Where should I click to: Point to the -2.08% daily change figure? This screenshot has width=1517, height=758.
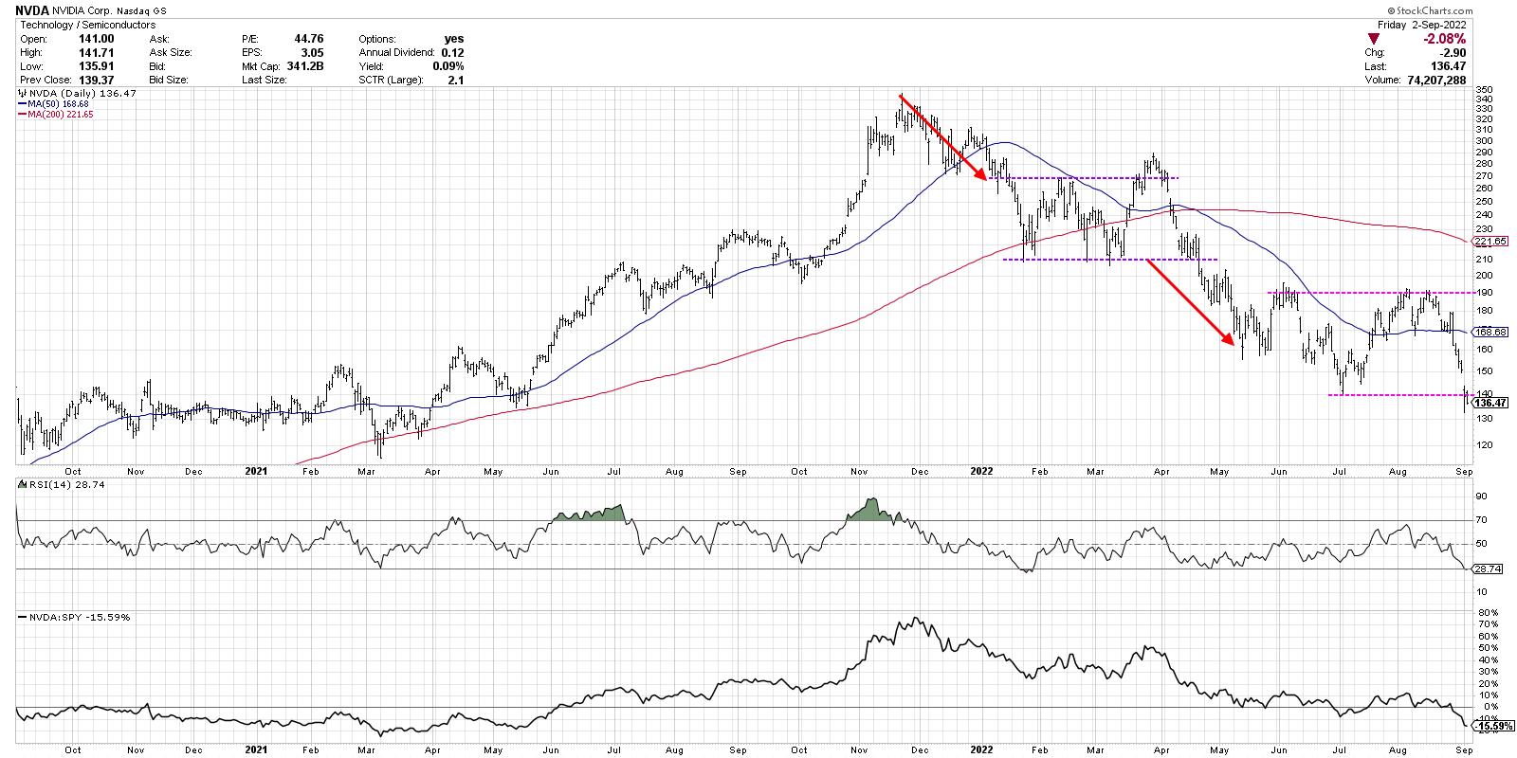click(x=1446, y=39)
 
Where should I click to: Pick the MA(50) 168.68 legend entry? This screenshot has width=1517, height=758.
click(x=53, y=104)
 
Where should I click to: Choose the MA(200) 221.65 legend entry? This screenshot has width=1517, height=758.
click(x=56, y=115)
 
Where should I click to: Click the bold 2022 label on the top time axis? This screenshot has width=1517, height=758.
click(x=982, y=470)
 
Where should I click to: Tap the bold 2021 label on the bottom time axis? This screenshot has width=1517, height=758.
click(x=255, y=748)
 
